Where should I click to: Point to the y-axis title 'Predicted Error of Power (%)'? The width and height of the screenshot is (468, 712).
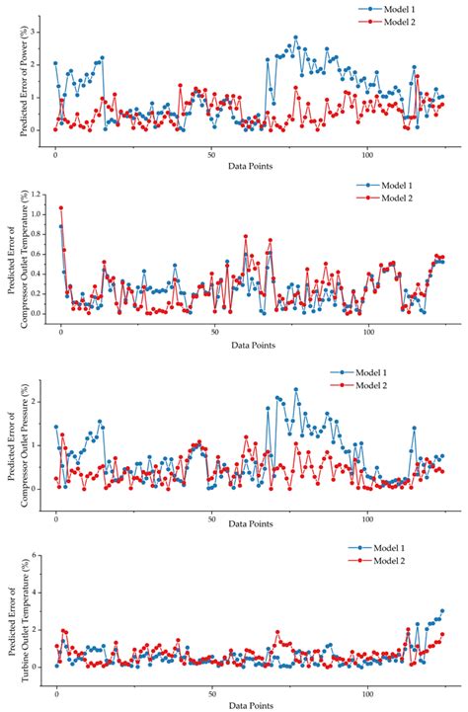[x=23, y=76]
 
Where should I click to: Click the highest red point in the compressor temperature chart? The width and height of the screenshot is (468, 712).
[x=61, y=208]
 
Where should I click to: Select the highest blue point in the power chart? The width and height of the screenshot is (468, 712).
[x=295, y=38]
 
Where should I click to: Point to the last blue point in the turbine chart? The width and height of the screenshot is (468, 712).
[x=441, y=611]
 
